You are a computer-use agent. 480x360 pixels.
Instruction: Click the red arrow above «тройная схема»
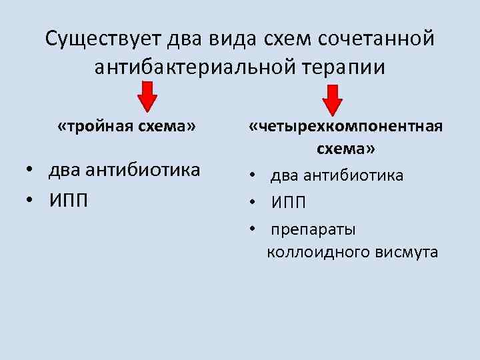pos(148,96)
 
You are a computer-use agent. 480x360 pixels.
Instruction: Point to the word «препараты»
pos(313,229)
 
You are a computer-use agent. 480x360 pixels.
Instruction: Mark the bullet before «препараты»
pos(254,229)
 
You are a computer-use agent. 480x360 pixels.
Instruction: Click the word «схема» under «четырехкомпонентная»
pos(346,149)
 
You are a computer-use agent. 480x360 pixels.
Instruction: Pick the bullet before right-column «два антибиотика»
pos(254,175)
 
